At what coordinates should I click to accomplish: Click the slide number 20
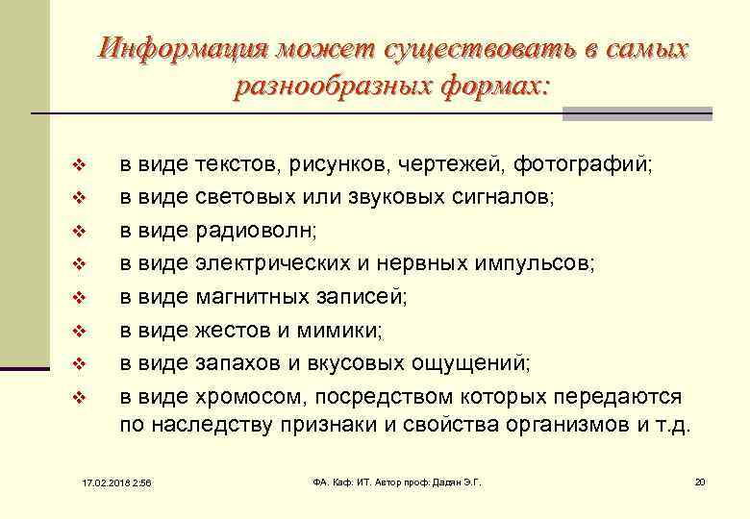[x=699, y=481]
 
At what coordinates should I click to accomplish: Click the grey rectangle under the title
[x=637, y=113]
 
